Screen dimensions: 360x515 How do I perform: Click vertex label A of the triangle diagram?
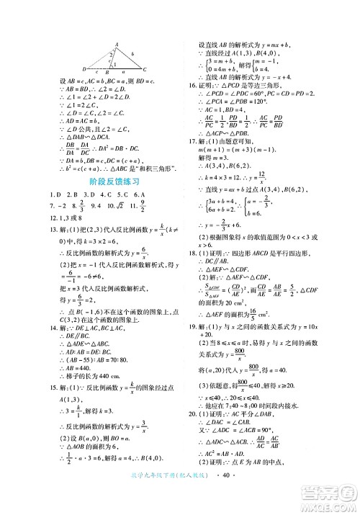114,45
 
